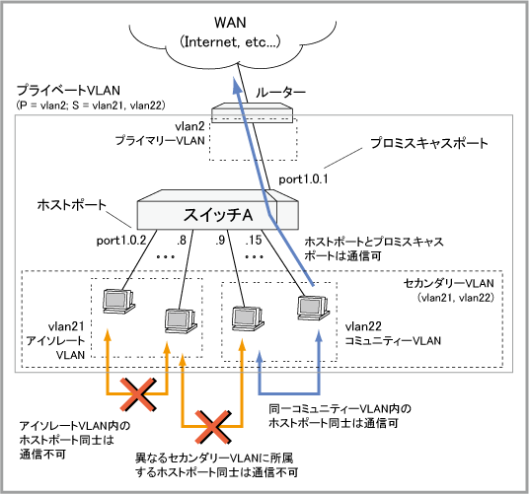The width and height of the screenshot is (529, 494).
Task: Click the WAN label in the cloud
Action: pos(230,23)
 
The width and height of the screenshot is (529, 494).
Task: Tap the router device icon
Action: pos(252,112)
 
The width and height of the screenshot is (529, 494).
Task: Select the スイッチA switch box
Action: pos(217,210)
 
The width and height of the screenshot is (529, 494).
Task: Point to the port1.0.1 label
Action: pos(303,178)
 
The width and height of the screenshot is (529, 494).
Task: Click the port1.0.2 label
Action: pos(121,241)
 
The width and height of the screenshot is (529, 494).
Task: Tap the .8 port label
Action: pos(182,241)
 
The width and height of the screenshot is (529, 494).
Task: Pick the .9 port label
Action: pos(220,241)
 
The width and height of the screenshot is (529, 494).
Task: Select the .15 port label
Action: pos(254,241)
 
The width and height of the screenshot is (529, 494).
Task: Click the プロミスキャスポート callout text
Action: pos(429,143)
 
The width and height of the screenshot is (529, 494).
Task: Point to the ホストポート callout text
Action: pos(71,204)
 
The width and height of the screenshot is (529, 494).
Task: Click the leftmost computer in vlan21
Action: pos(118,302)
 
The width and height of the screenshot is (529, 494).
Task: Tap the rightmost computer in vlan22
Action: pos(313,308)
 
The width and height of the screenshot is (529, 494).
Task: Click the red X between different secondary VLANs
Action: pos(213,427)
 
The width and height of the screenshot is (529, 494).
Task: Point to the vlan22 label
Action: pos(363,326)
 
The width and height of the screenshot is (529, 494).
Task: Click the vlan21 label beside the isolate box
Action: pos(66,326)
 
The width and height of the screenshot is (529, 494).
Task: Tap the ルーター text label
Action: pos(280,93)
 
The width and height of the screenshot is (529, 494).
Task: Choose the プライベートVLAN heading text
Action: pos(68,91)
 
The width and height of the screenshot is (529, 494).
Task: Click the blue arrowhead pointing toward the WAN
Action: pos(237,84)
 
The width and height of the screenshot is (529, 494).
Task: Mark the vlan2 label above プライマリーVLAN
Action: pos(189,126)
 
